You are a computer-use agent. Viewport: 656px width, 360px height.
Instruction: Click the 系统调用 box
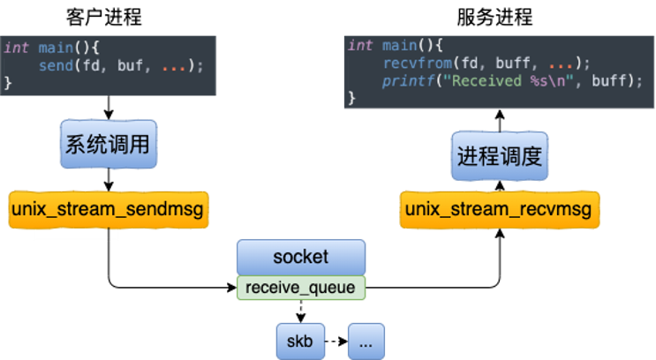pos(108,145)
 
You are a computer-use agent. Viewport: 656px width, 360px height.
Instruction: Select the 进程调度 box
pos(499,157)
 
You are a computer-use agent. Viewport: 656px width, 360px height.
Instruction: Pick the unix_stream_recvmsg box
pos(499,210)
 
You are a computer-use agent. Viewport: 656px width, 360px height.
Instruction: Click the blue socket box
pos(300,257)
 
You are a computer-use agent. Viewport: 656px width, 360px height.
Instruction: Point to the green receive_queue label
pos(300,287)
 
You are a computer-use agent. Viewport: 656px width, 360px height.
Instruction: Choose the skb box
pos(300,341)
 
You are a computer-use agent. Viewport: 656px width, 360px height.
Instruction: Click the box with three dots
pos(366,341)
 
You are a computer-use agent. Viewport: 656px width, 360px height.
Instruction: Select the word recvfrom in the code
pos(413,64)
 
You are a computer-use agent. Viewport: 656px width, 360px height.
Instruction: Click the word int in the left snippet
pos(17,48)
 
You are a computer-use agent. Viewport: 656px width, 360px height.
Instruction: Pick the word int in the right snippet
pos(360,46)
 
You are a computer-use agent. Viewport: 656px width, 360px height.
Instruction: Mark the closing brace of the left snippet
pos(9,83)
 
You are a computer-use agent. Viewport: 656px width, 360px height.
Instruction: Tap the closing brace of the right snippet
pos(352,98)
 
